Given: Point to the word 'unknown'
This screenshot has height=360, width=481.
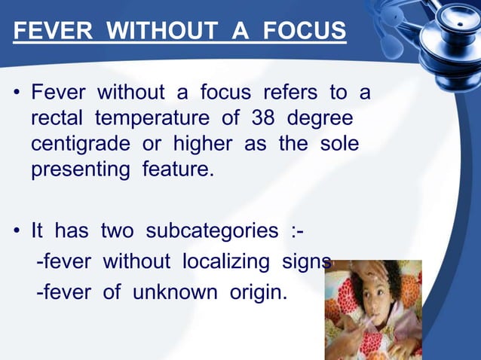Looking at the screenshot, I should pos(170,291).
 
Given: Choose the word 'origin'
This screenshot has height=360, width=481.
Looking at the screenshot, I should pos(253,291).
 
